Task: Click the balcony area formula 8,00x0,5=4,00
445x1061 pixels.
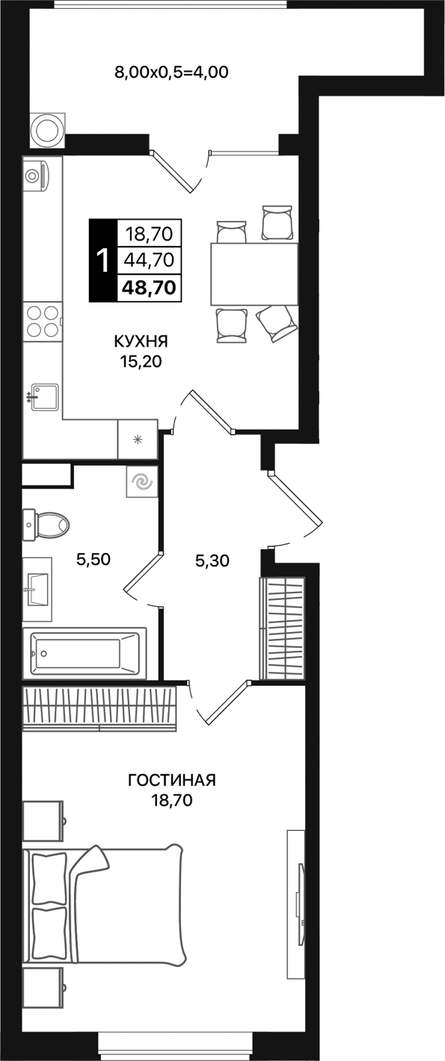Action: click(x=171, y=72)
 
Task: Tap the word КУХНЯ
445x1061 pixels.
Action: click(x=141, y=341)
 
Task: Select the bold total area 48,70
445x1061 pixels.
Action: click(x=150, y=286)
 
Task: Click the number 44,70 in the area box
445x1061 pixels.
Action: click(x=150, y=260)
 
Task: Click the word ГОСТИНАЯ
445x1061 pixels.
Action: click(x=172, y=781)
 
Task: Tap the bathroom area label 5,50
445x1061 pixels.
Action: click(x=95, y=559)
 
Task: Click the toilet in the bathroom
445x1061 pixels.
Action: click(x=47, y=524)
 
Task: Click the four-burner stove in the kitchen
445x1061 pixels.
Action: click(x=43, y=321)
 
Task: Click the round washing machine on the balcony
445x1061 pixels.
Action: click(x=48, y=130)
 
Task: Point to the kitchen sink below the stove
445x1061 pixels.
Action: click(x=44, y=397)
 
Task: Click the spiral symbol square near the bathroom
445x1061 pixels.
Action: click(x=141, y=482)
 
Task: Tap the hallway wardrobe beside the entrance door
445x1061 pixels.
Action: click(x=282, y=628)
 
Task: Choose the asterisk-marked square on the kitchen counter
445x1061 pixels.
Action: click(x=137, y=439)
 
